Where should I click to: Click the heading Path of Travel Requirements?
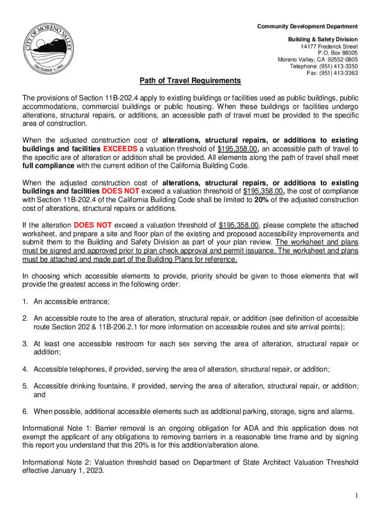[190, 81]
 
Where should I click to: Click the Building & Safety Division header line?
[323, 40]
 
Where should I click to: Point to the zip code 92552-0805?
[341, 60]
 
